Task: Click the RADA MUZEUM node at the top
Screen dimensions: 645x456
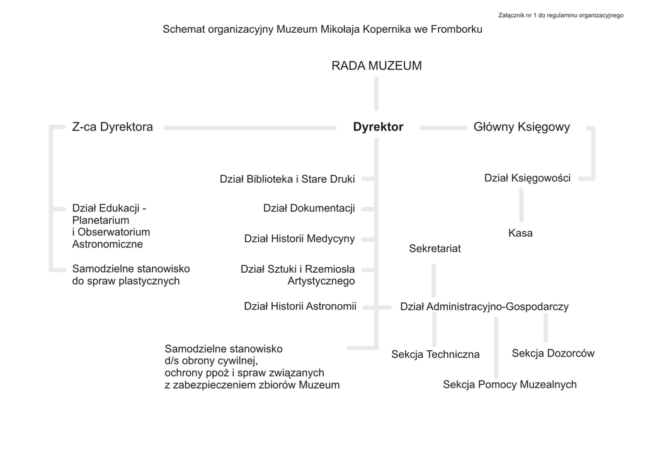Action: [x=377, y=66]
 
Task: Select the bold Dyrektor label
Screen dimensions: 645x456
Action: [x=378, y=127]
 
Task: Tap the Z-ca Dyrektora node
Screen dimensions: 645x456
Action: [x=113, y=127]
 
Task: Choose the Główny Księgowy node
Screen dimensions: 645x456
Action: [x=522, y=127]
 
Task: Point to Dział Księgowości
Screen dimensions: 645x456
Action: [x=527, y=178]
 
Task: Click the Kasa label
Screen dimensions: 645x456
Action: [x=520, y=233]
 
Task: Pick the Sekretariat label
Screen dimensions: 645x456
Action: [x=435, y=249]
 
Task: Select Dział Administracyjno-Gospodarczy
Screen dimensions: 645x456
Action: [x=484, y=307]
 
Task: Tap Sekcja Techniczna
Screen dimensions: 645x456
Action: [x=435, y=355]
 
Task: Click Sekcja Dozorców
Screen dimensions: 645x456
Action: [x=553, y=353]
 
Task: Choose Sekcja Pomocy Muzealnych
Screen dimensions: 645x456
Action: [x=510, y=385]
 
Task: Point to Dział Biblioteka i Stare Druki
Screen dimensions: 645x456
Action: [x=287, y=180]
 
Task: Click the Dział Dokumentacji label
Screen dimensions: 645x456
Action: [x=309, y=208]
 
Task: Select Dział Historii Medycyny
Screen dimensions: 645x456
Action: [x=299, y=239]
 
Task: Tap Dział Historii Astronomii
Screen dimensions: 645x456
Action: [x=300, y=307]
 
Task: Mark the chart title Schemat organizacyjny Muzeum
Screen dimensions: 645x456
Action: [x=322, y=30]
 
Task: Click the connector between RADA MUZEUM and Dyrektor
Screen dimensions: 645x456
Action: [x=377, y=94]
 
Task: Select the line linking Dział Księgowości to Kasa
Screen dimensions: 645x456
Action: [x=521, y=205]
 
